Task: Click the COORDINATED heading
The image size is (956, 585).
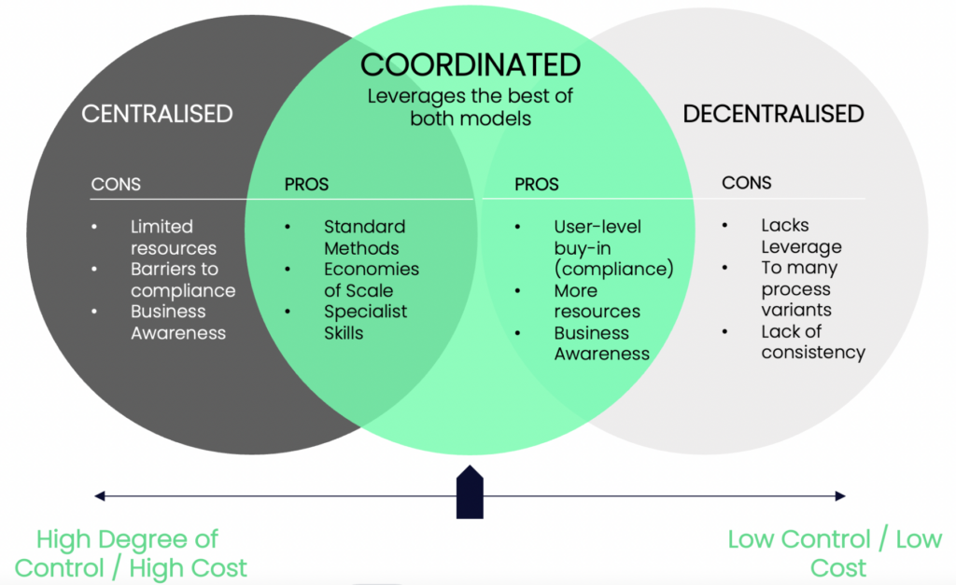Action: coord(471,65)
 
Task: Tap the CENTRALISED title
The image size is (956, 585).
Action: coord(157,114)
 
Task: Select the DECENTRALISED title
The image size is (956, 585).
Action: coord(773,114)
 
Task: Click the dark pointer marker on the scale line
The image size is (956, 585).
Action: coord(470,492)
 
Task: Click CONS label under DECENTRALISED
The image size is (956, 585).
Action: coord(747,183)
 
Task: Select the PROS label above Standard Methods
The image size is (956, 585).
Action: coord(306,185)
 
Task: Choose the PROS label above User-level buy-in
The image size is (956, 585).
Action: coord(537,185)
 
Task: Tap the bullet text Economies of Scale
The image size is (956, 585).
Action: coord(372,279)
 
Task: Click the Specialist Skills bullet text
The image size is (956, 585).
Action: coord(365,322)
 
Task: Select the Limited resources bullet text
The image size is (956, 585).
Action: coord(173,237)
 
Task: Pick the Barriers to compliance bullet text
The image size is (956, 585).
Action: coord(182,279)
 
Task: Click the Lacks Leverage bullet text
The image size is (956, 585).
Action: coord(800,236)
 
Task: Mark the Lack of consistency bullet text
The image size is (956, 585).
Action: coord(812,341)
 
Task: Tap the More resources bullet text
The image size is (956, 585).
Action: coord(597,300)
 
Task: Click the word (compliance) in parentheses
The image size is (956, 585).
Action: coord(613,270)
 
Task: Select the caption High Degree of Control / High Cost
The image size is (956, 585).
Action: coord(131,552)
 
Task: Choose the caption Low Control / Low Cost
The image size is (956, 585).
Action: coord(834,552)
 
